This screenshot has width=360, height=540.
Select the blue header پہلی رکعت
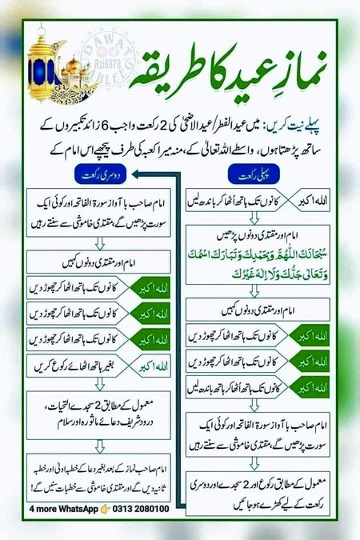click(x=254, y=175)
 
